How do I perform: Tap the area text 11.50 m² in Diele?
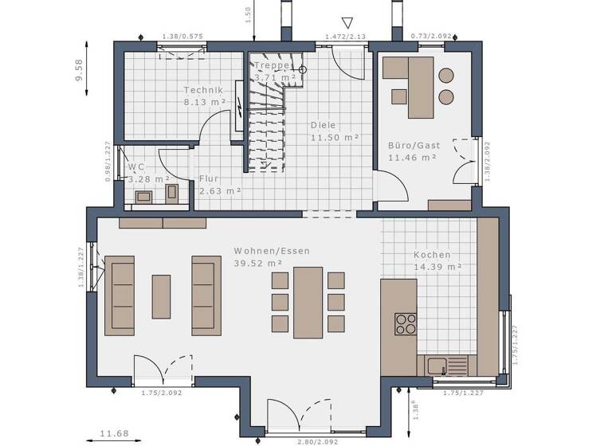point(334,138)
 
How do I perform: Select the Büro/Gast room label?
point(411,146)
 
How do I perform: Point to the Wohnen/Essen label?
point(271,250)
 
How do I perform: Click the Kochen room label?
point(431,255)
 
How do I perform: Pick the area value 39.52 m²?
point(258,263)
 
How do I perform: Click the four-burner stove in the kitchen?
point(406,323)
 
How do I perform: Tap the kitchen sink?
point(436,366)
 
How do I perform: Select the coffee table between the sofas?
point(162,295)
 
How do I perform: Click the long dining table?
point(308,301)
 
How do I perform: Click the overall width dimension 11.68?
point(115,434)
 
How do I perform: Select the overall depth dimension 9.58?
point(79,69)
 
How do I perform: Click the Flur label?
point(210,178)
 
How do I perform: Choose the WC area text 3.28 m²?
point(148,180)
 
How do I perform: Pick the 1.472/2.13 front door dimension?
point(345,37)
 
